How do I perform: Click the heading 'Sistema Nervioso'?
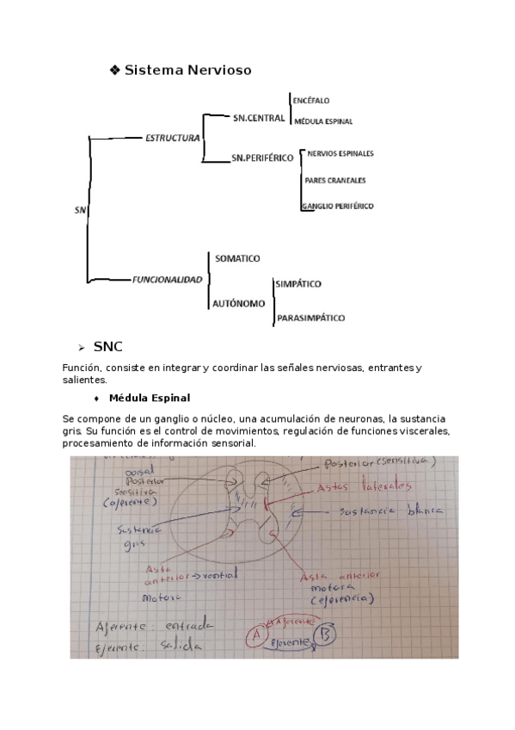click(187, 71)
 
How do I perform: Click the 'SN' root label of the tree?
click(79, 210)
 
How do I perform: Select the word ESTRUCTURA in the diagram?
click(172, 137)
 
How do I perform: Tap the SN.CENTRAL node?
click(258, 117)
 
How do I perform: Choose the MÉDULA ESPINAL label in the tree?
click(323, 122)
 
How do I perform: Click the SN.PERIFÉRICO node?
click(263, 158)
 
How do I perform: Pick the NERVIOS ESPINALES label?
click(340, 153)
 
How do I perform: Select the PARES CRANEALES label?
click(335, 180)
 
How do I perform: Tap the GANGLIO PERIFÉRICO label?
click(338, 207)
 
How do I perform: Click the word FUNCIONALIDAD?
click(168, 280)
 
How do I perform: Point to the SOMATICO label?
click(237, 258)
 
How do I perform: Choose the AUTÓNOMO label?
click(240, 303)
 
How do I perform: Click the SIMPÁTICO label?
click(298, 283)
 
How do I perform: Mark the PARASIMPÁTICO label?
click(310, 318)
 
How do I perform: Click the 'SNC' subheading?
click(108, 347)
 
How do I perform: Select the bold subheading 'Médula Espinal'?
click(150, 398)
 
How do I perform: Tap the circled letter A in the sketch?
click(254, 638)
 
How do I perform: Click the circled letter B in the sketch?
click(328, 635)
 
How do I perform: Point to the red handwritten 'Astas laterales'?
click(353, 487)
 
